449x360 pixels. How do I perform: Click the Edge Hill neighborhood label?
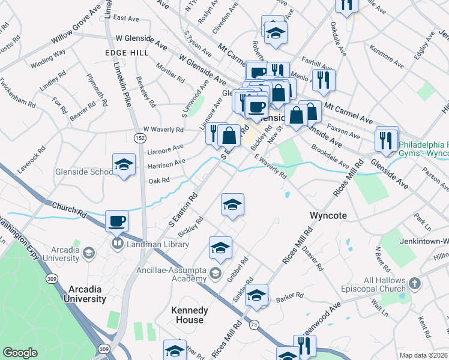click(x=127, y=53)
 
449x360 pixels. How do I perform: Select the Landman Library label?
click(x=153, y=244)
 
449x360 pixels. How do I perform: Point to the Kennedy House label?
click(x=190, y=315)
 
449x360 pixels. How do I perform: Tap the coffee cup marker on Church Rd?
click(x=117, y=221)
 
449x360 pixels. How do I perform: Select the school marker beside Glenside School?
click(x=124, y=164)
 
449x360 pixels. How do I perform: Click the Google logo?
click(x=20, y=353)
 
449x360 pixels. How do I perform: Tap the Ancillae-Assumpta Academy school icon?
click(x=215, y=274)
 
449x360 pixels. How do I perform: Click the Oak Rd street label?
click(x=159, y=180)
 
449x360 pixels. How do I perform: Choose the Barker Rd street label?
click(x=288, y=297)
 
